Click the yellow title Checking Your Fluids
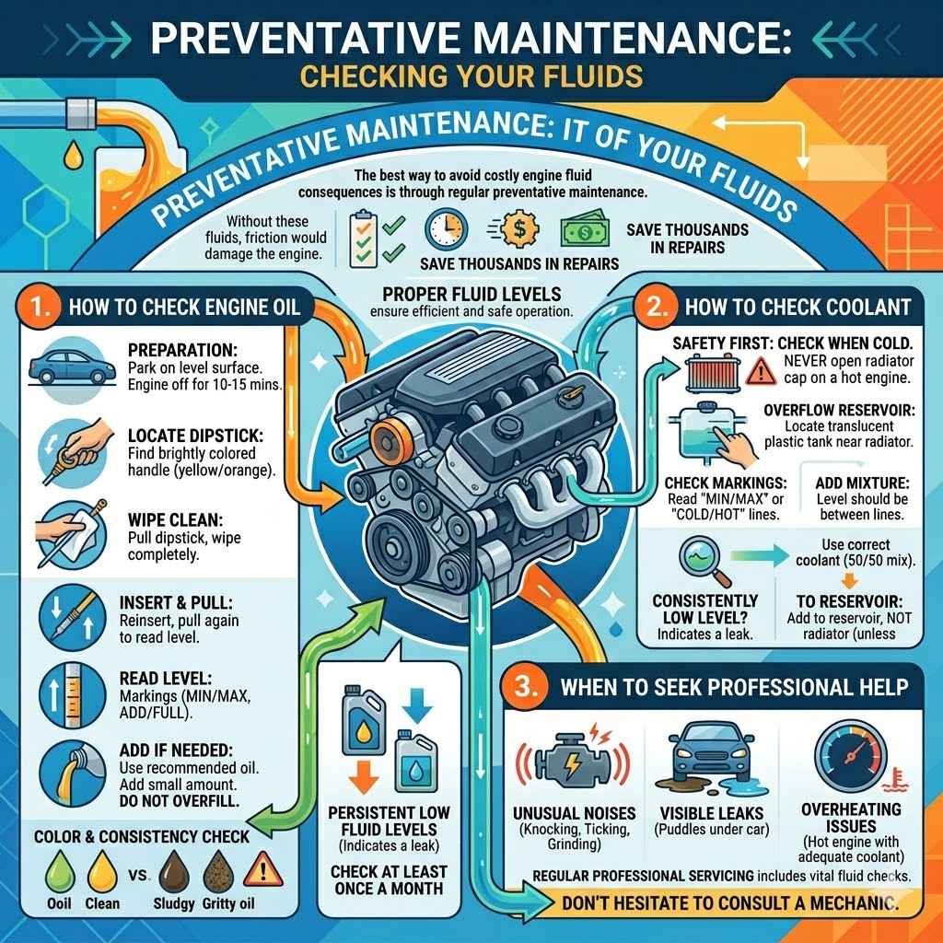471,75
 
